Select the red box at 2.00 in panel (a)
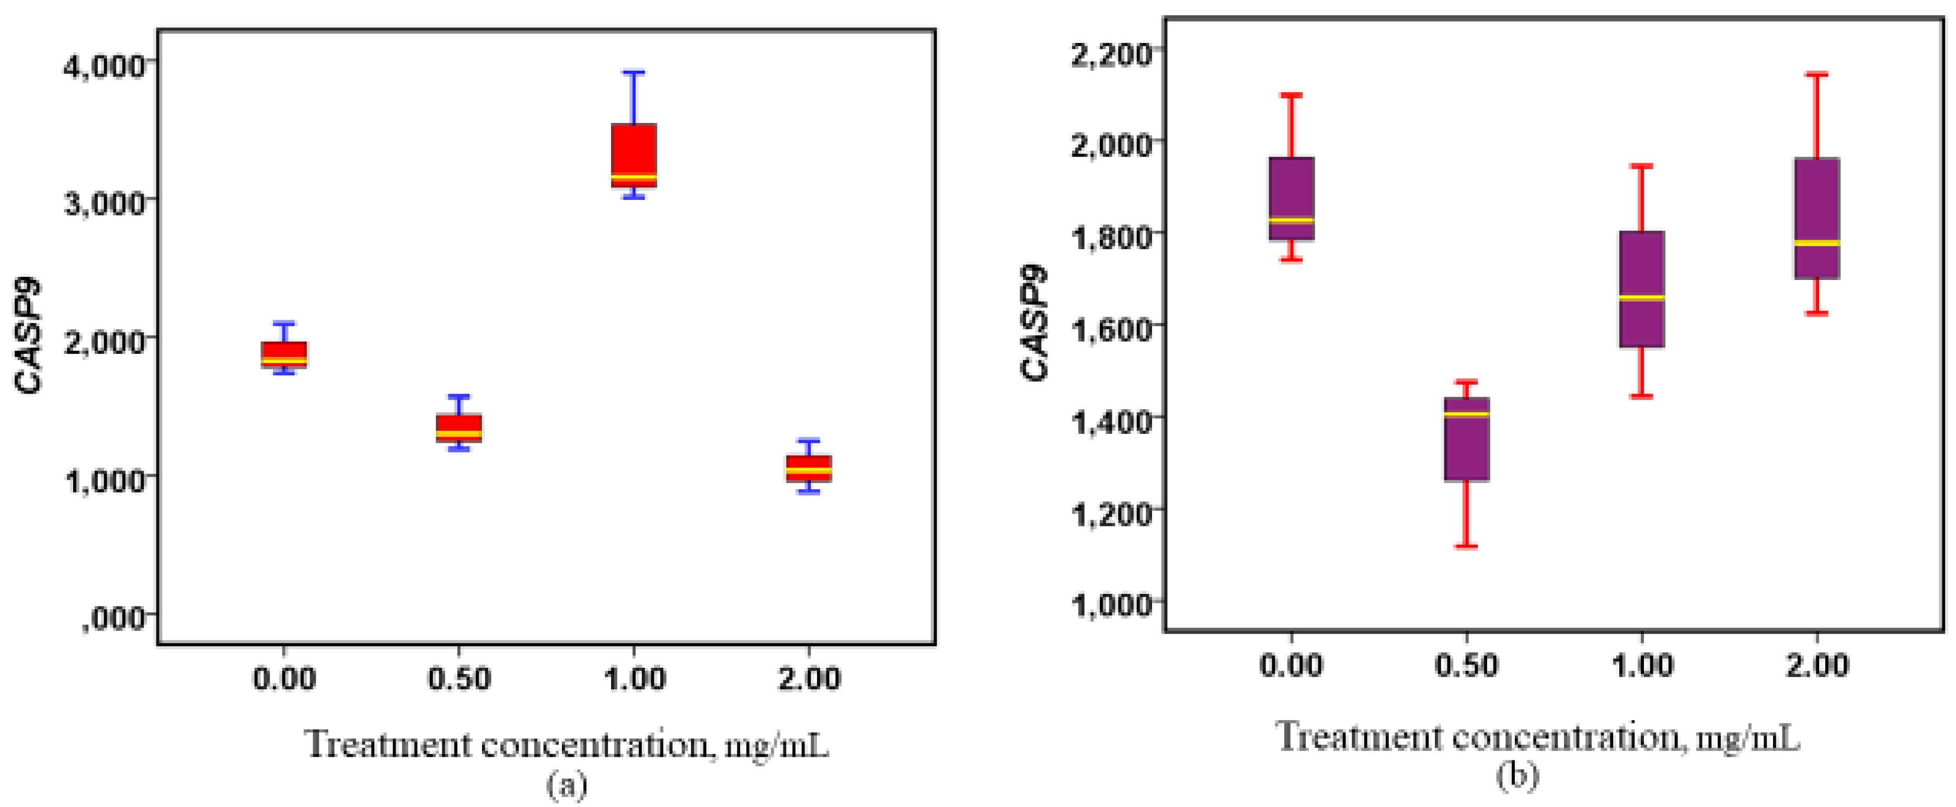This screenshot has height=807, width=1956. coord(808,468)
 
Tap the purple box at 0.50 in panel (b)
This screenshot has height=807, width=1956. coord(1466,439)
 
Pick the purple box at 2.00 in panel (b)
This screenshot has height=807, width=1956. coord(1816,218)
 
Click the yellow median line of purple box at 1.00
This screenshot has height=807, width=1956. coord(1642,298)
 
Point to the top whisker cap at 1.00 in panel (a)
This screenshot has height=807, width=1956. coord(634,73)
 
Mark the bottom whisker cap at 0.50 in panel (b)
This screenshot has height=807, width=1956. coord(1466,546)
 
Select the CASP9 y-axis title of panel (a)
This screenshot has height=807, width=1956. coord(29,336)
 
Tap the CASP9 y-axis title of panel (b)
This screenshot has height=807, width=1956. coord(1034,323)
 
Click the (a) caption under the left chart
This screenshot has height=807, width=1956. coord(567,786)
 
